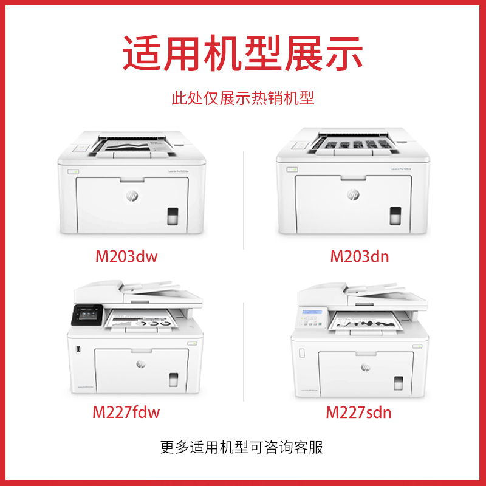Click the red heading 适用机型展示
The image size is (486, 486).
click(243, 53)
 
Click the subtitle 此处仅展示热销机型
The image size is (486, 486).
click(243, 98)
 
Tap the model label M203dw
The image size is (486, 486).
click(126, 256)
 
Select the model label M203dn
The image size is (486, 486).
click(360, 256)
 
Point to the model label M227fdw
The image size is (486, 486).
click(126, 413)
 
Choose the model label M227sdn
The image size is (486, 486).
click(359, 413)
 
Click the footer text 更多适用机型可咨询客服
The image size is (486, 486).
click(243, 448)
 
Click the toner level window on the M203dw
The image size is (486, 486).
click(173, 215)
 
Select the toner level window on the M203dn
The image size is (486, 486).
click(395, 215)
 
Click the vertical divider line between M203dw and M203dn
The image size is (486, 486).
click(243, 200)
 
